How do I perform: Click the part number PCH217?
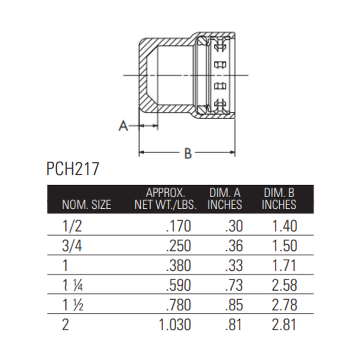coord(73,168)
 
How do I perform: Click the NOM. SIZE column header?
coord(86,204)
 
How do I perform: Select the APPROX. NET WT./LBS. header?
coord(165,199)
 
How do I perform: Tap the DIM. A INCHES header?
coord(225,199)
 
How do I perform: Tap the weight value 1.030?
coord(174,324)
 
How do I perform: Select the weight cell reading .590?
coord(178,285)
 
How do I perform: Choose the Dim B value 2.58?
coord(285,285)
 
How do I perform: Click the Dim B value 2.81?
coord(285,324)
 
